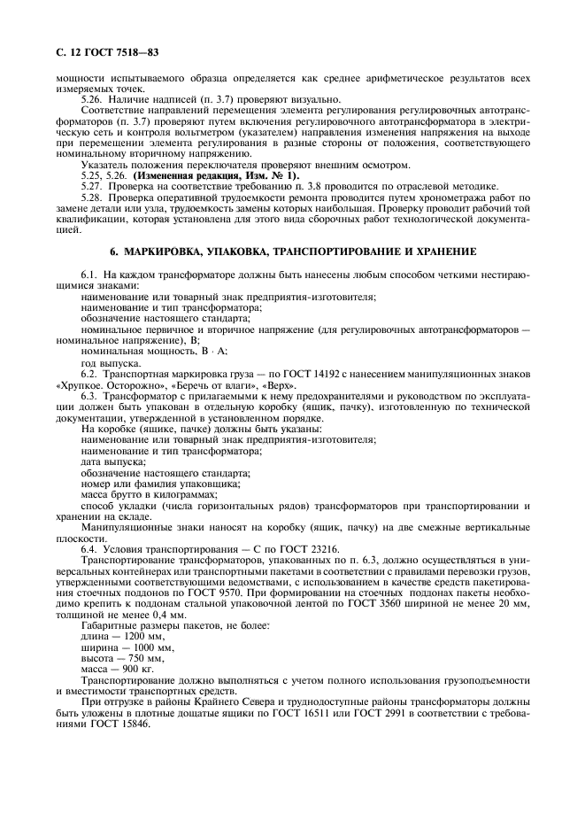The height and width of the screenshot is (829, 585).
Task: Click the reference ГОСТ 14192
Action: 297,376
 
